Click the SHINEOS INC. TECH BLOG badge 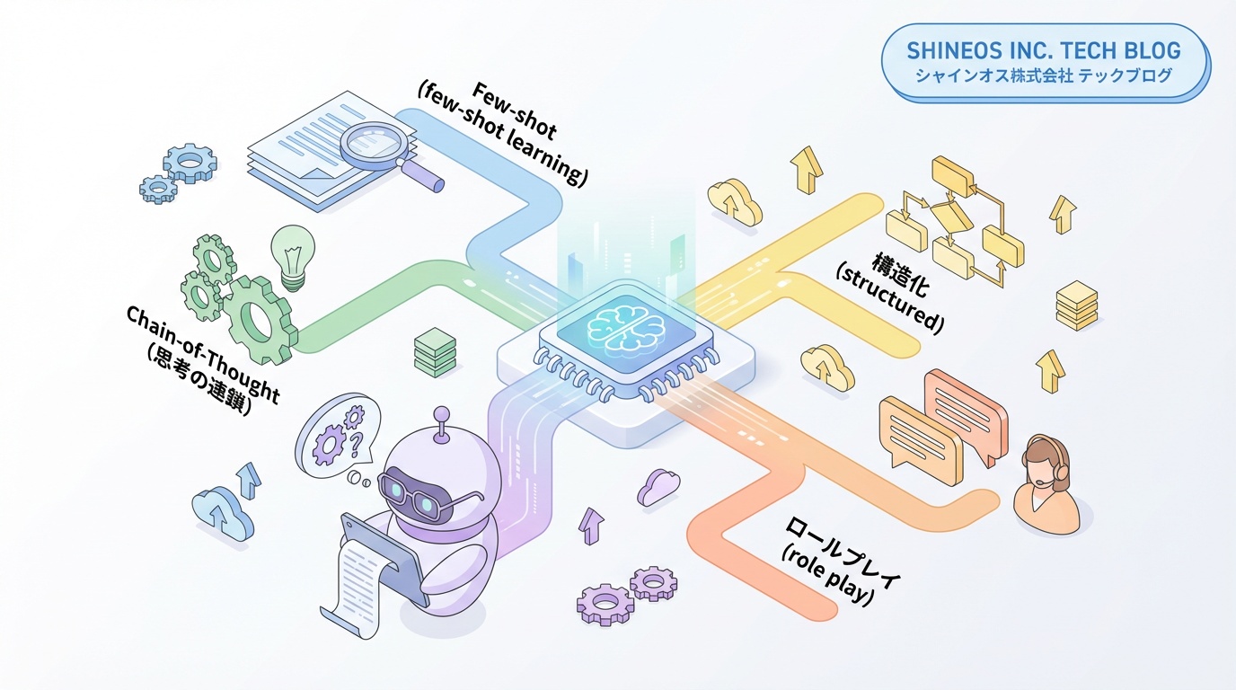pyautogui.click(x=1044, y=63)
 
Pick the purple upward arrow pyautogui.click(x=591, y=524)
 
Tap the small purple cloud pyautogui.click(x=658, y=488)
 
